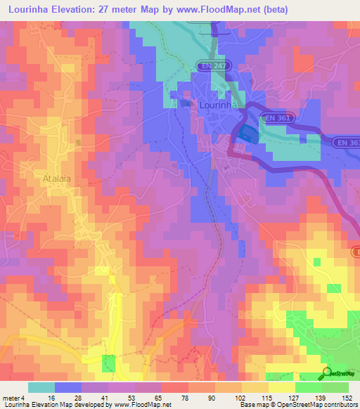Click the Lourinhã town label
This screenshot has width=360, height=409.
point(221,104)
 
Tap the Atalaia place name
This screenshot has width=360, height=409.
point(57,178)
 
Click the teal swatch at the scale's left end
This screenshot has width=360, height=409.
point(41,387)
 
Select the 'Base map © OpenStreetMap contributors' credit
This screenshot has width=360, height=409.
point(298,405)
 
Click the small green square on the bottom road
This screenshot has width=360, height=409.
point(108,363)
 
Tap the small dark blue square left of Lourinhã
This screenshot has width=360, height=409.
point(186,104)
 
